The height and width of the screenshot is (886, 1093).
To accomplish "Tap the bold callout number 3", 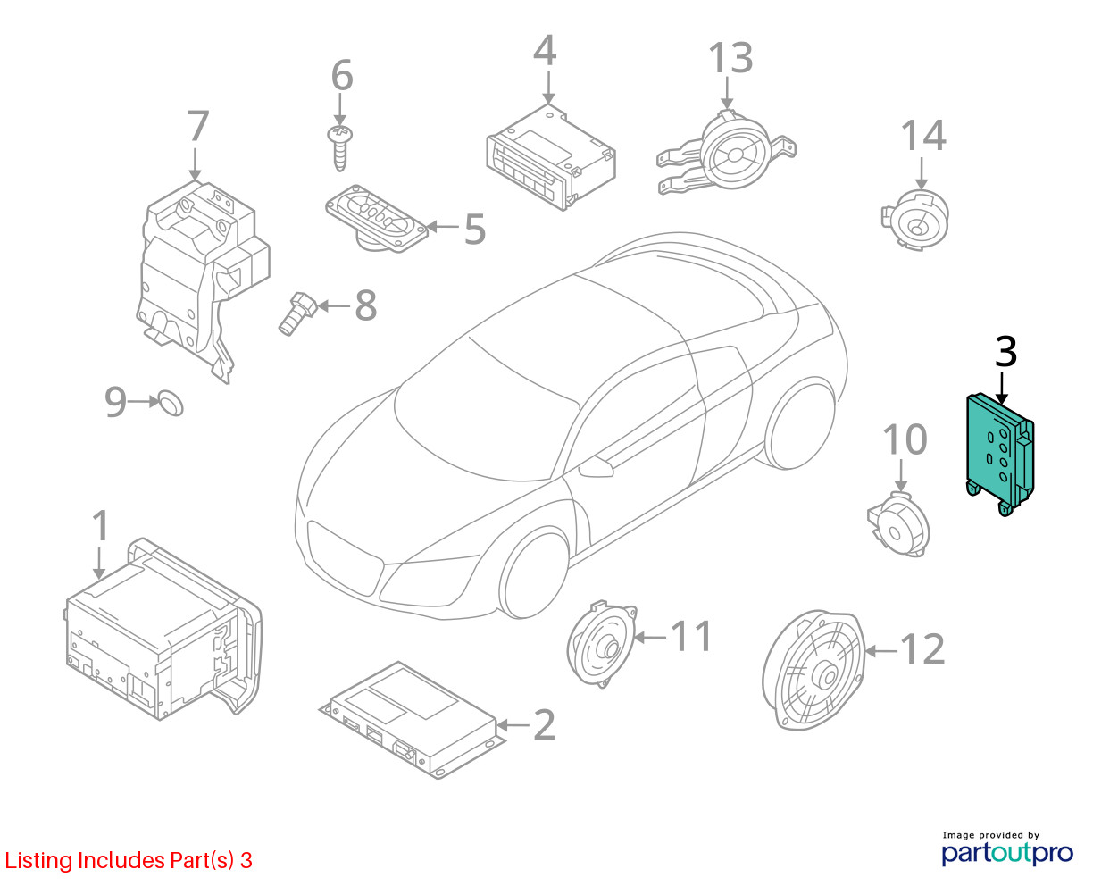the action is pos(1005,352).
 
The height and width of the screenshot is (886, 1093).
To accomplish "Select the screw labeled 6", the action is pos(339,148).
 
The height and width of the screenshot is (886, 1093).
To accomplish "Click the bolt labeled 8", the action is pos(297,313).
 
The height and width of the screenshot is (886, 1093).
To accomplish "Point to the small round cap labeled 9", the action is pos(171,403).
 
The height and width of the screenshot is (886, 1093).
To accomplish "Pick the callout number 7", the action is pos(198,126).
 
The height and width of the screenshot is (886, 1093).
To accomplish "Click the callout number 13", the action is pos(731,57).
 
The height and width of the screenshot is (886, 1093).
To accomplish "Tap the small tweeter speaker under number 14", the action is pos(915,220).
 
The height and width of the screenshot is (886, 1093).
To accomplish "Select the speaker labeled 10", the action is pos(898,524).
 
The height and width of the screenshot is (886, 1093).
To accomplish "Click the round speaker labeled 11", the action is pos(602,644).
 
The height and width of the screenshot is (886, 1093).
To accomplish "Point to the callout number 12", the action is pos(922,649).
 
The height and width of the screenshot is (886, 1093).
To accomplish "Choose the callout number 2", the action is pos(545,725).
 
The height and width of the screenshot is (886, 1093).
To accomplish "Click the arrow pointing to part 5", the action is pos(442,226).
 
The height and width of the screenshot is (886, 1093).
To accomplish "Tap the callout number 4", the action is pos(545,50).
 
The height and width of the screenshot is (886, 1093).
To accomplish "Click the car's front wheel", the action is pos(535,575).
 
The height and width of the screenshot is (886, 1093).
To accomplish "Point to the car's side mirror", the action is pos(596,466).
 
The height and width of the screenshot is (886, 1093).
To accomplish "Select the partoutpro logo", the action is pos(1006,853).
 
